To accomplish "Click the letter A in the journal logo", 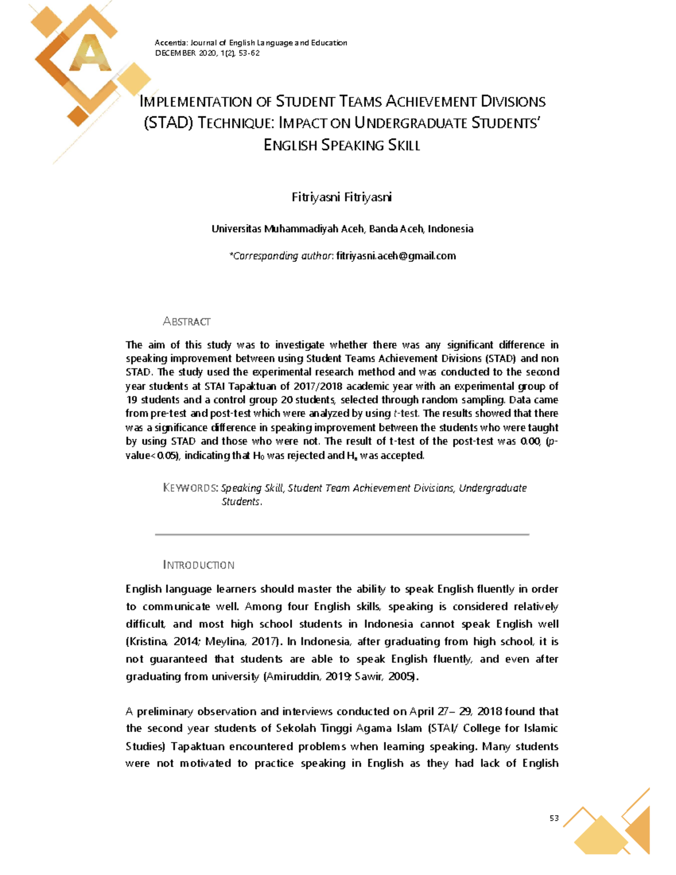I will click(90, 54).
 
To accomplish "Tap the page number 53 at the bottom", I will click(554, 818).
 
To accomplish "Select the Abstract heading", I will click(186, 322).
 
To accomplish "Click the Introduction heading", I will click(198, 565).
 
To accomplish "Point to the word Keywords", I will click(190, 488).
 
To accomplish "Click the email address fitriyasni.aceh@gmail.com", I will click(396, 256).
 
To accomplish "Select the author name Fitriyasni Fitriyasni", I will click(342, 197).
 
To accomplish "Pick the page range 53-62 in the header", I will click(249, 53).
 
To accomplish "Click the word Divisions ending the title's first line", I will click(513, 101).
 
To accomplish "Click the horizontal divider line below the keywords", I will click(342, 534).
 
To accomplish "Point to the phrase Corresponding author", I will click(281, 256).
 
